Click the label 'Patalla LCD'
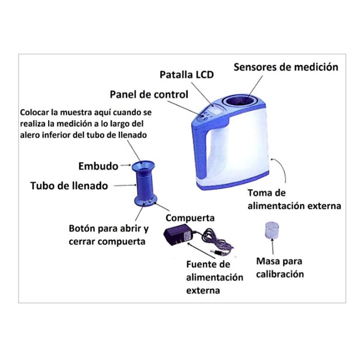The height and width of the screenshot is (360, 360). pyautogui.click(x=187, y=74)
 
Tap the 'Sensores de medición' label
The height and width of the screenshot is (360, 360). pyautogui.click(x=286, y=67)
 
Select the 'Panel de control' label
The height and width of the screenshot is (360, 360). pyautogui.click(x=149, y=94)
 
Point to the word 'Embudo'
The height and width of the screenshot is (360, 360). pyautogui.click(x=98, y=166)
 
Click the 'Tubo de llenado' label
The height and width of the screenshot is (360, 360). pyautogui.click(x=69, y=186)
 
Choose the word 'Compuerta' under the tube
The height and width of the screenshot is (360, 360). pyautogui.click(x=190, y=218)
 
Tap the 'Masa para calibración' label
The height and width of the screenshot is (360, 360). pyautogui.click(x=280, y=268)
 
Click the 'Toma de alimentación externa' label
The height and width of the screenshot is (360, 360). pyautogui.click(x=294, y=199)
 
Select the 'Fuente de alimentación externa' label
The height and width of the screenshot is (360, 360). pyautogui.click(x=214, y=277)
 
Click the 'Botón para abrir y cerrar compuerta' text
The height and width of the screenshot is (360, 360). pyautogui.click(x=109, y=235)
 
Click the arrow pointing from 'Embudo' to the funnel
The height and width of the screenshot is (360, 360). pyautogui.click(x=126, y=165)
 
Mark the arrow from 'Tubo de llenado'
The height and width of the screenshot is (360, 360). pyautogui.click(x=123, y=186)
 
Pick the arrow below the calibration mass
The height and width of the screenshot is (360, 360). pyautogui.click(x=273, y=247)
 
